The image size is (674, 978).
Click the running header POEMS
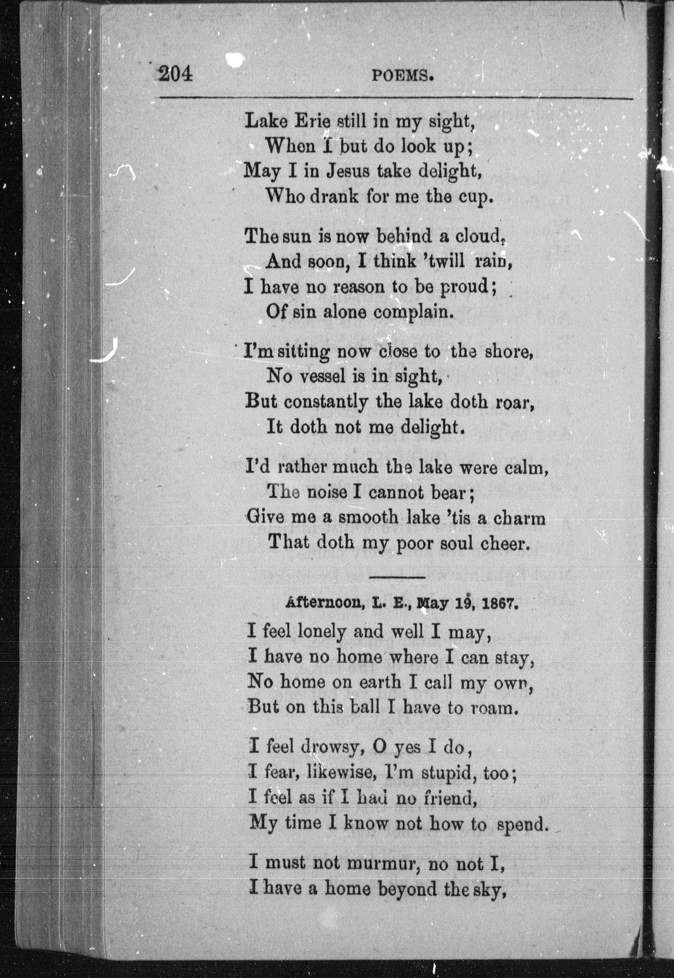pos(403,76)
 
